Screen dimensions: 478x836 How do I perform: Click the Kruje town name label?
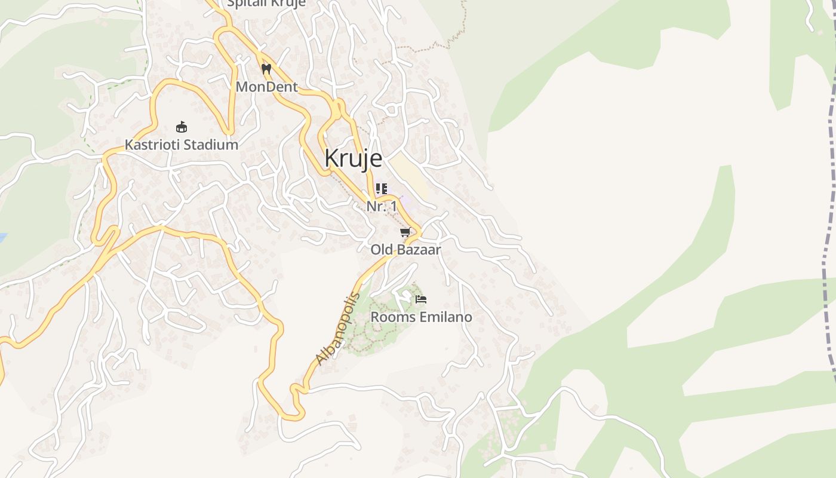pos(353,158)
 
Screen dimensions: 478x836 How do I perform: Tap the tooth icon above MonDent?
pos(266,69)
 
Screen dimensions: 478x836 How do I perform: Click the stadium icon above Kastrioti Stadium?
pos(182,127)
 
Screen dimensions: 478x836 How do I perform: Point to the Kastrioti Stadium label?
pos(181,145)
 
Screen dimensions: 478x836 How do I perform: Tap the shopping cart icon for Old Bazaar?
pos(405,232)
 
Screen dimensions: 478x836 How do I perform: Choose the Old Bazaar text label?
pos(405,250)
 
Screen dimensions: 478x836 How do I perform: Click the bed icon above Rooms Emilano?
pos(421,299)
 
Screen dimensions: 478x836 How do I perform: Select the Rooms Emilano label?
pos(421,317)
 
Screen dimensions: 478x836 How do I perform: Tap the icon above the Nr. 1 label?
pos(381,189)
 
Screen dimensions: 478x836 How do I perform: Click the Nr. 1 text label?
pos(381,206)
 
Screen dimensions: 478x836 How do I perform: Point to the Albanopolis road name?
pos(338,329)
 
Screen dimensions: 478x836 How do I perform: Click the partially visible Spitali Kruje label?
pos(266,4)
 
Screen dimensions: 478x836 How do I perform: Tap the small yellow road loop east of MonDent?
pos(339,109)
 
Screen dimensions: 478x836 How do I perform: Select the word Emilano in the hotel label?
pos(445,317)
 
